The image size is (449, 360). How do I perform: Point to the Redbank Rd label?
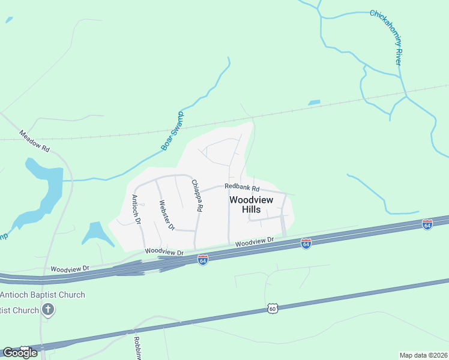(241, 187)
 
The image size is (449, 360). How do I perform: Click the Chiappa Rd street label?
(197, 196)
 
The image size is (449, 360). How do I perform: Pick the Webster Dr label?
(166, 215)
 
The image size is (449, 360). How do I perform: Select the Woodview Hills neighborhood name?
(250, 204)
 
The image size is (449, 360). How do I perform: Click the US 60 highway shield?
(273, 308)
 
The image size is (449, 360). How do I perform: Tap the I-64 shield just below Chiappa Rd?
(203, 260)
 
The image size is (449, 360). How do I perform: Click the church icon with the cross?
(48, 310)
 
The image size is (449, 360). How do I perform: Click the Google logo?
(20, 352)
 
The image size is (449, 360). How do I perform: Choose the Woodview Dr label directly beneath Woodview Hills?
(254, 242)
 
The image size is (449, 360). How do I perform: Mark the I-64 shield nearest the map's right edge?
(427, 224)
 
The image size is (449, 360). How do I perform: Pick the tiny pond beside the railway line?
(314, 103)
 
